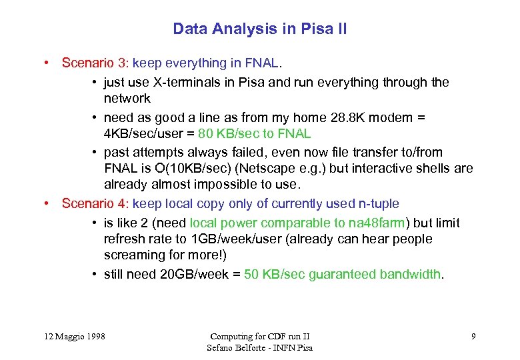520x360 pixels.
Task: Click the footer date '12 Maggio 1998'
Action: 71,336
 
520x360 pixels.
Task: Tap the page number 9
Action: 473,336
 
